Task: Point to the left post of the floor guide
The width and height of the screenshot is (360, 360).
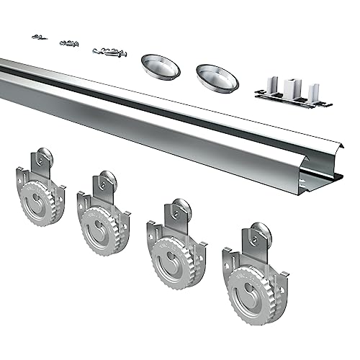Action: tap(271, 87)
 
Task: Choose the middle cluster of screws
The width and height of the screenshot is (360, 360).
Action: tap(69, 43)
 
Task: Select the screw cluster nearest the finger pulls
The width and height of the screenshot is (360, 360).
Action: tap(109, 52)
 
